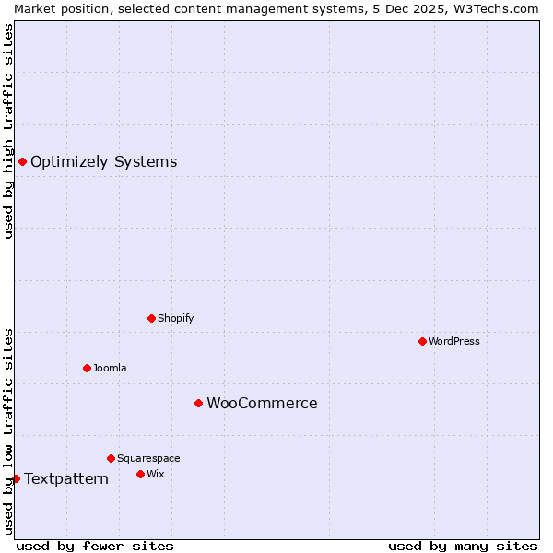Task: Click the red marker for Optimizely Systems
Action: [22, 162]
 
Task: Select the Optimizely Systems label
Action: [103, 162]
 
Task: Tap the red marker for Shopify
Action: [151, 318]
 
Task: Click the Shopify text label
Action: [175, 318]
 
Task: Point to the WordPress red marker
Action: [422, 341]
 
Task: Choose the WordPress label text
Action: [453, 341]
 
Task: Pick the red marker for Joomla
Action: [87, 368]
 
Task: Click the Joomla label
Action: [110, 368]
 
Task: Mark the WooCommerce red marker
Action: [198, 403]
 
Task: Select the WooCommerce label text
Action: [262, 403]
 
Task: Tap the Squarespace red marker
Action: [111, 458]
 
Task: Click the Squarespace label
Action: [148, 458]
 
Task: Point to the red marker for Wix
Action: [140, 474]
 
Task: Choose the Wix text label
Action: [155, 474]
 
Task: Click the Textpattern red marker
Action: [16, 478]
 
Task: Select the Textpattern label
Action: [66, 479]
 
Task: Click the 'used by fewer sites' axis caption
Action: [95, 546]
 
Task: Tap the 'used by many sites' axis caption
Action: [463, 546]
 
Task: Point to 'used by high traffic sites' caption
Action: [8, 131]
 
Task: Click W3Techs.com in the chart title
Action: [494, 8]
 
